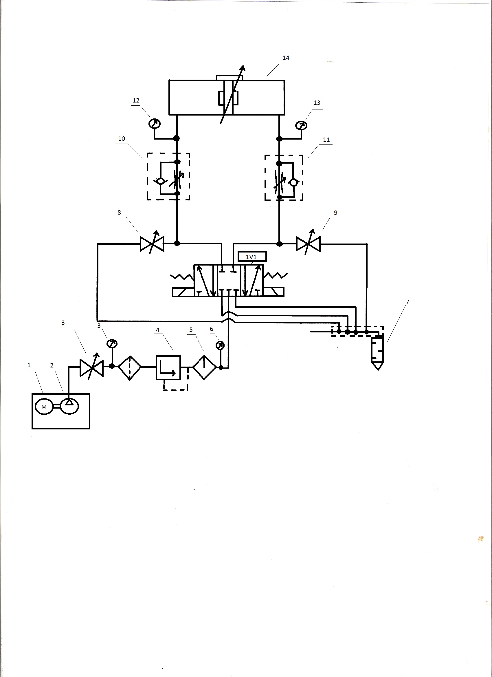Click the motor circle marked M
44,407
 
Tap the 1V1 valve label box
252,257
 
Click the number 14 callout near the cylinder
286,58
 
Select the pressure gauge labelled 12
155,124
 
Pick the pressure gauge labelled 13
301,125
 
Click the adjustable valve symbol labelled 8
152,244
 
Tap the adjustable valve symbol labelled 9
308,244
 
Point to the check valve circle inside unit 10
161,181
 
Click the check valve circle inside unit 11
293,182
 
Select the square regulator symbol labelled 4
168,368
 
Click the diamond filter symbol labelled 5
204,367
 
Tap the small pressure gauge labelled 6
220,345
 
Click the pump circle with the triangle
69,406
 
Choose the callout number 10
122,139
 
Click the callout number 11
326,140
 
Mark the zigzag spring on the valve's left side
182,277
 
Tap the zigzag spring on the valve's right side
276,275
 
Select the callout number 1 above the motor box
29,365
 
